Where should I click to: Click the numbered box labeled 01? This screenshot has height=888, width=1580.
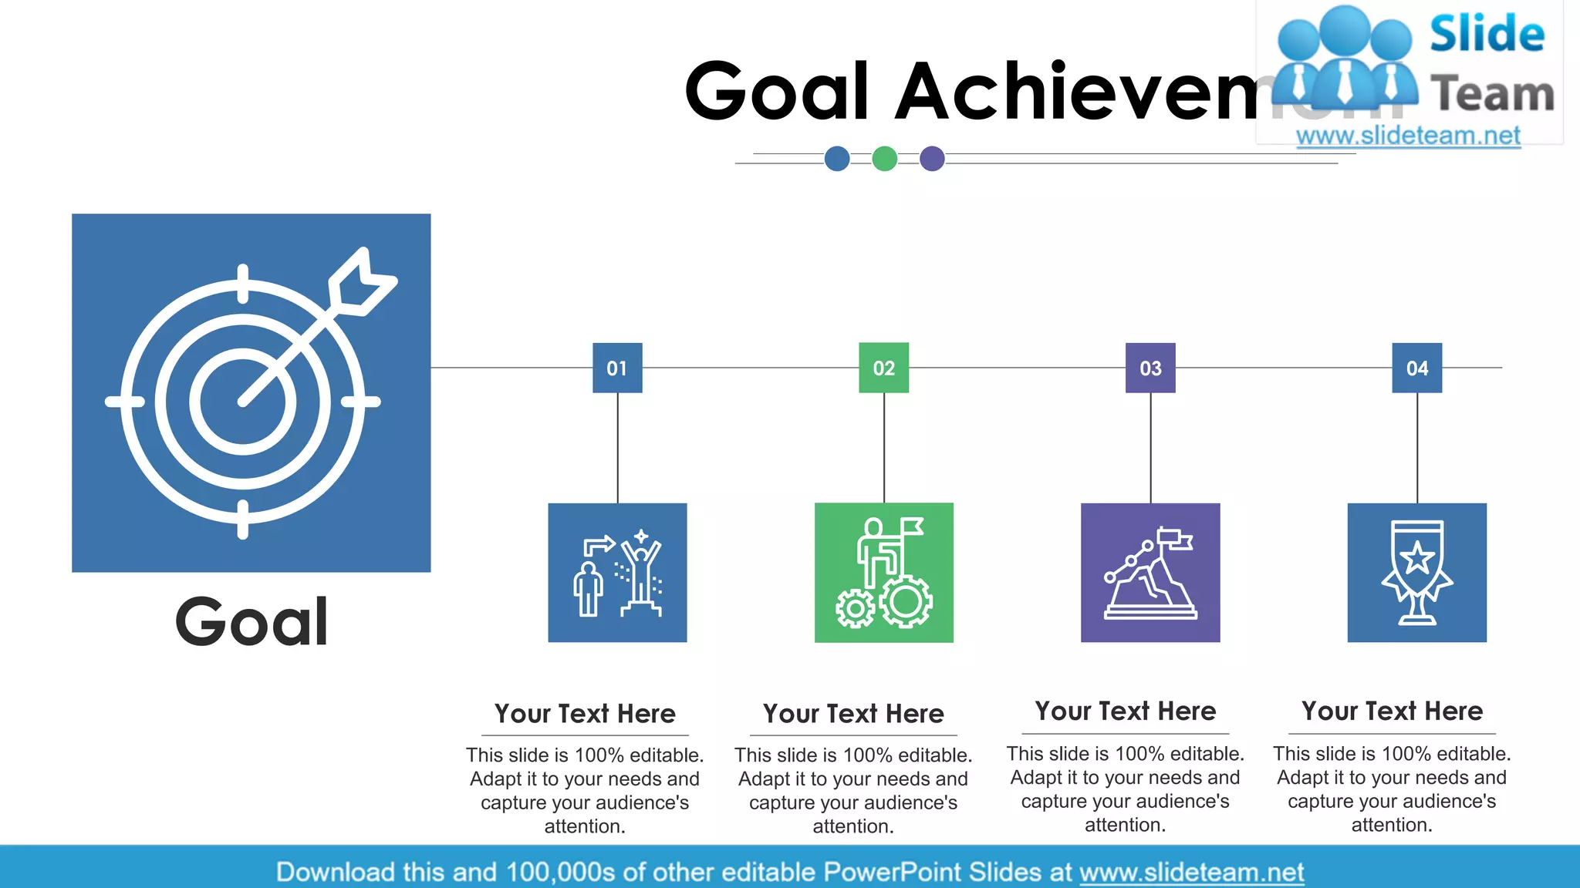pos(617,368)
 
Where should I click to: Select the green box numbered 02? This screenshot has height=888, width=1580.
pos(883,368)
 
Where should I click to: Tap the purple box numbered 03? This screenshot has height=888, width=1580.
pos(1150,368)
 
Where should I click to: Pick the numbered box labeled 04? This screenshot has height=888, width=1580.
pos(1416,368)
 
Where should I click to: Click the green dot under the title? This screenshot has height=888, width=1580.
pos(884,159)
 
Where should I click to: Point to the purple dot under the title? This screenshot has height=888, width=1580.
pos(932,159)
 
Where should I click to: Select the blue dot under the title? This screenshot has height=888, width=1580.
pos(837,159)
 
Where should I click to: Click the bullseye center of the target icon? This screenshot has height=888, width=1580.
pos(242,402)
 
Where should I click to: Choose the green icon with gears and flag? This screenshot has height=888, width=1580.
pos(883,572)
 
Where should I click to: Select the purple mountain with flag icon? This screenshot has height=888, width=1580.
pos(1150,572)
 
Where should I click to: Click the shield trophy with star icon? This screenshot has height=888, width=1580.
pos(1416,572)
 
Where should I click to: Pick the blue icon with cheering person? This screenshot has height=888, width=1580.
pos(617,572)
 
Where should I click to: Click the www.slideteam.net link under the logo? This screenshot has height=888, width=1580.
pos(1408,136)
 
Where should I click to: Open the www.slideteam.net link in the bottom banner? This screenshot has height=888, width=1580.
pos(1191,872)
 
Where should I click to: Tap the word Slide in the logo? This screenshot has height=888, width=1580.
pos(1487,34)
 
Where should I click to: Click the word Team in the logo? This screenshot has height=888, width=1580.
pos(1492,94)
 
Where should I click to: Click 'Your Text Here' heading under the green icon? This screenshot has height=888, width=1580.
pos(853,714)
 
